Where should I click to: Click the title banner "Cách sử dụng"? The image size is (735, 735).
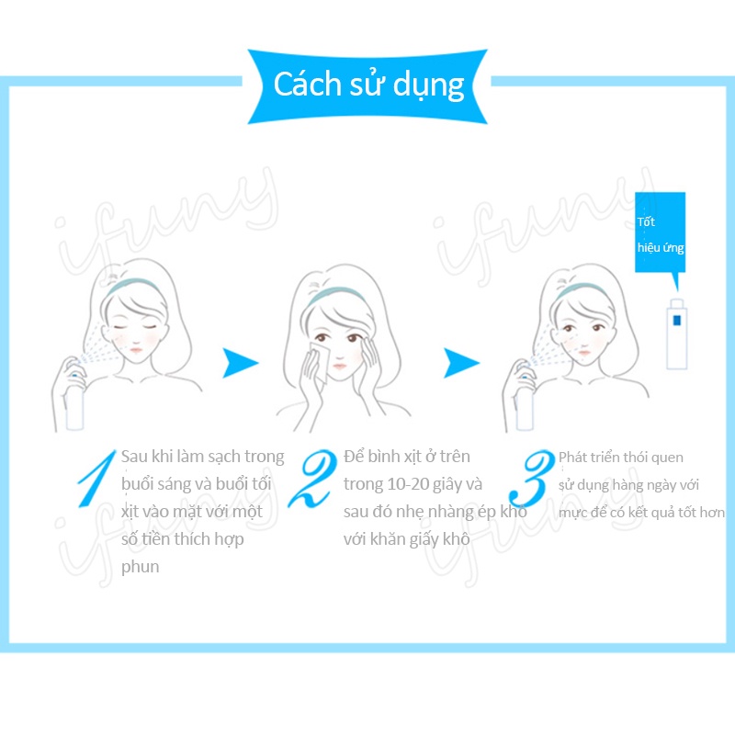(368, 84)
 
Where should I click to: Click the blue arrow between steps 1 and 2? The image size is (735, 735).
(241, 363)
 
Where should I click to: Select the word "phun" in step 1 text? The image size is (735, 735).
(141, 567)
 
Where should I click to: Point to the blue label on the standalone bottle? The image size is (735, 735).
(676, 322)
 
